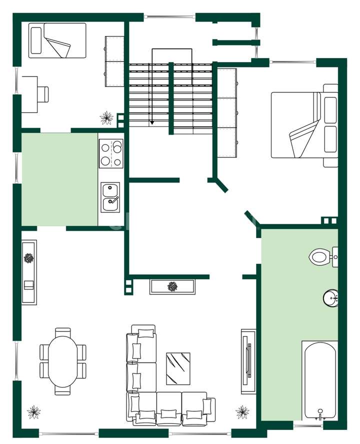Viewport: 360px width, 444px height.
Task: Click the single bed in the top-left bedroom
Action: [56, 40]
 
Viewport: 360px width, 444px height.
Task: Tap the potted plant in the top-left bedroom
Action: [106, 118]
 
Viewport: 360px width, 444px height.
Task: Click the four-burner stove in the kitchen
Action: [110, 153]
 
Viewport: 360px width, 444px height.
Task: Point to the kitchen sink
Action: [110, 197]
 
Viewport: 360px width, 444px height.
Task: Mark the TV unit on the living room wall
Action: [248, 358]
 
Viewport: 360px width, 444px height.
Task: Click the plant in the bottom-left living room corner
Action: [34, 412]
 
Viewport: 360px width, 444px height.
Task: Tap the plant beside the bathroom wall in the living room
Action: [242, 412]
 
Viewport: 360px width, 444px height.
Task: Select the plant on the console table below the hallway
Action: [172, 286]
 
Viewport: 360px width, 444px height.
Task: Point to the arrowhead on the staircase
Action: [152, 122]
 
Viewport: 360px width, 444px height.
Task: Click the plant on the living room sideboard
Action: [28, 258]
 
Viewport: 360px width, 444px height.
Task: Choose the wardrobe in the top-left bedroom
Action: [114, 61]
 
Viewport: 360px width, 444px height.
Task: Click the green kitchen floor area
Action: [59, 179]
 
